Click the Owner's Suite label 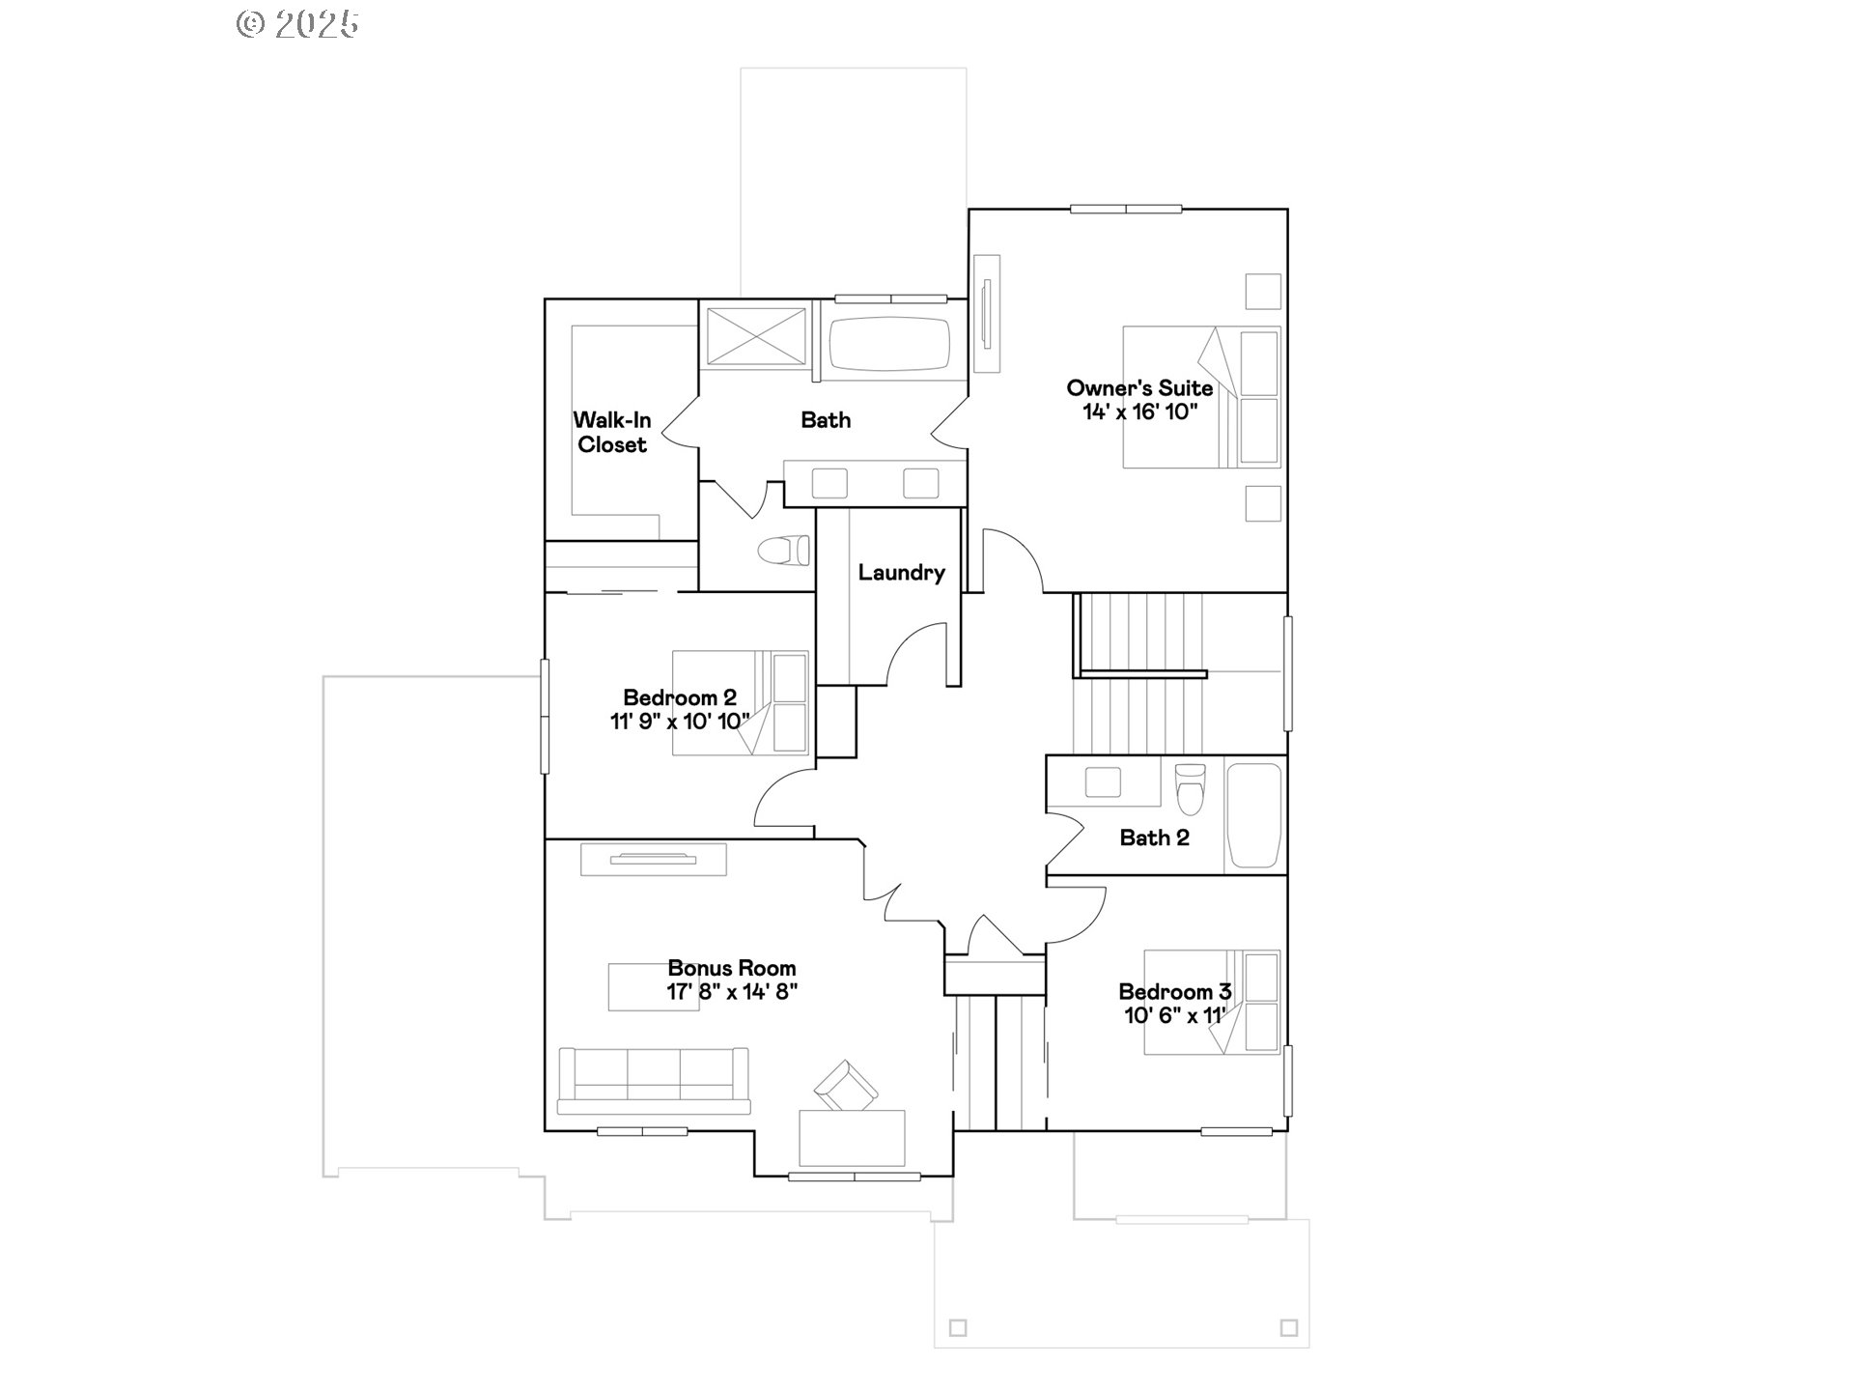pyautogui.click(x=1139, y=388)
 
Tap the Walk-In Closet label pyautogui.click(x=612, y=433)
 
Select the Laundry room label pyautogui.click(x=901, y=573)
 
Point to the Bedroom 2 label pyautogui.click(x=680, y=697)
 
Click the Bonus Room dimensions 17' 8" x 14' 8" pyautogui.click(x=732, y=992)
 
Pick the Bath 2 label pyautogui.click(x=1154, y=838)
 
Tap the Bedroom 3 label pyautogui.click(x=1174, y=992)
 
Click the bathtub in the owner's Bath pyautogui.click(x=889, y=344)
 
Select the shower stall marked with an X pyautogui.click(x=755, y=336)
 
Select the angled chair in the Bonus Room pyautogui.click(x=846, y=1086)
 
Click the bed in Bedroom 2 pyautogui.click(x=740, y=702)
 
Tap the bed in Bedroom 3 pyautogui.click(x=1212, y=1003)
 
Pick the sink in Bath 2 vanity pyautogui.click(x=1103, y=781)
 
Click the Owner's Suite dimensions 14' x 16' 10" pyautogui.click(x=1139, y=412)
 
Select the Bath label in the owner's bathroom pyautogui.click(x=826, y=420)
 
